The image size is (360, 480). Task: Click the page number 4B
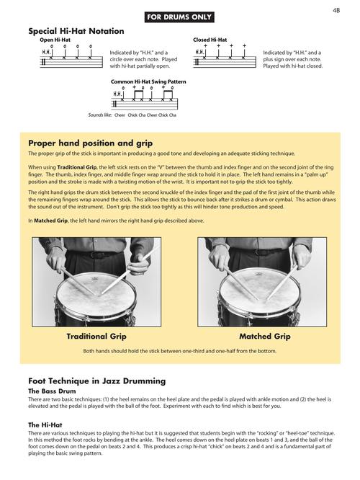point(336,10)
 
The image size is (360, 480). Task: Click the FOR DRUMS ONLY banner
point(179,16)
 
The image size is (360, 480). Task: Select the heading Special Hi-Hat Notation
point(76,32)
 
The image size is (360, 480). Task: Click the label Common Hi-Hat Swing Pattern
point(148,81)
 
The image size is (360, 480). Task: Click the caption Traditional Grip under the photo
point(96,337)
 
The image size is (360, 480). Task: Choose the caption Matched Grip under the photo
point(264,337)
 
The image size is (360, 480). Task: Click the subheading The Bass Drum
point(53,390)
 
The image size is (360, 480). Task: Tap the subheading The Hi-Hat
point(45,425)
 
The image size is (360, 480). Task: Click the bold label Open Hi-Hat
point(55,40)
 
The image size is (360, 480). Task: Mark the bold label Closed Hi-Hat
point(210,40)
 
